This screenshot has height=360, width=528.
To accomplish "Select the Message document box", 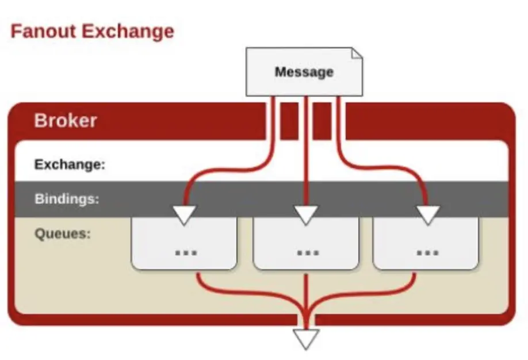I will coord(304,72).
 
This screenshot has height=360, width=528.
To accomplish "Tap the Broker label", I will coord(66,121).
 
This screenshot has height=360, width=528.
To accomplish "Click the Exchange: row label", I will coord(70,164).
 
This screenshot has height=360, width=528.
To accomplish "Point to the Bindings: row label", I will coord(67,199).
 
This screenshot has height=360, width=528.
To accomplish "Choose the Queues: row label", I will coord(63,234).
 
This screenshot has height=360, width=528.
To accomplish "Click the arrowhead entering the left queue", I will coord(184,215).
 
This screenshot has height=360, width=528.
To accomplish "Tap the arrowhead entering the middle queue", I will coord(306,215).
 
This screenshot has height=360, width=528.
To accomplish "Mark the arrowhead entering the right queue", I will coord(427,215).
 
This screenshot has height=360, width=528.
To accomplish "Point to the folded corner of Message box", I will coord(357,53).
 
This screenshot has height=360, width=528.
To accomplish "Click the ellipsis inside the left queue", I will coord(185,252).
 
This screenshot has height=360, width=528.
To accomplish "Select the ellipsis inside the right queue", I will coord(427,252).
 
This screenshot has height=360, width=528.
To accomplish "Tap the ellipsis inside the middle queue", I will coord(307,252).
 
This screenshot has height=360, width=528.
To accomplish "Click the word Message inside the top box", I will coord(304,72).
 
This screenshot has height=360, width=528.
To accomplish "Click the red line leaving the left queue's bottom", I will coord(198,278).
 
